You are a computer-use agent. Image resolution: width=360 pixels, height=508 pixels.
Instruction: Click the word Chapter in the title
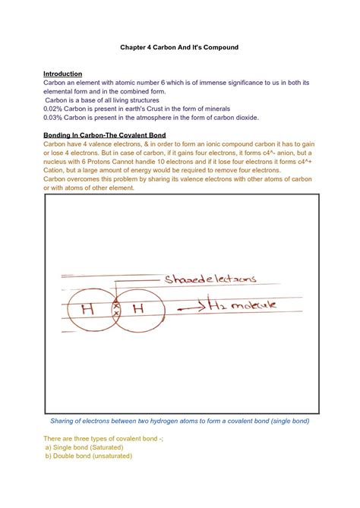[x=134, y=47]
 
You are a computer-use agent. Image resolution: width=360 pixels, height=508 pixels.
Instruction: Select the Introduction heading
[x=63, y=74]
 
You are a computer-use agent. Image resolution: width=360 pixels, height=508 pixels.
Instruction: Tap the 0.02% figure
[x=55, y=109]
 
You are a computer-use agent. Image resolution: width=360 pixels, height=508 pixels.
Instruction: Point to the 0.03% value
[x=55, y=118]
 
